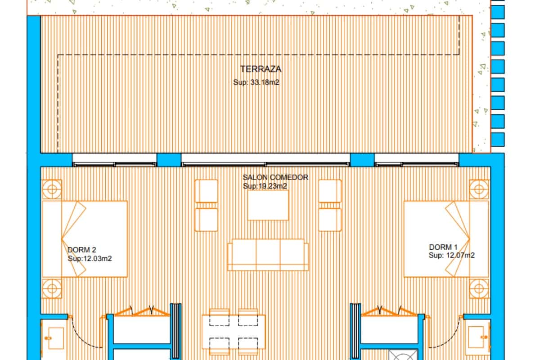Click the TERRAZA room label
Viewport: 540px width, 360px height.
(x=261, y=69)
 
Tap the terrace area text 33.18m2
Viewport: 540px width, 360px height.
(x=256, y=82)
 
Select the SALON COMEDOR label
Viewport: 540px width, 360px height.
(x=275, y=177)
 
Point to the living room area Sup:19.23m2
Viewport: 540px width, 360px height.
(x=265, y=186)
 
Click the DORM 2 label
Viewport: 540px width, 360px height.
(x=82, y=250)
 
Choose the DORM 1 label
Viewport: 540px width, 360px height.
(x=443, y=247)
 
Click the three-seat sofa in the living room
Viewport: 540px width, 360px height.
(x=268, y=255)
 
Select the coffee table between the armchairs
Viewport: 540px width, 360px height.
(x=268, y=205)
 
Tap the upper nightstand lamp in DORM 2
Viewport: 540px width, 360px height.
(x=52, y=189)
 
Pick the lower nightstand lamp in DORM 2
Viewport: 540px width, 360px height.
(x=52, y=288)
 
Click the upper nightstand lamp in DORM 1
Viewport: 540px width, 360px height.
(x=479, y=189)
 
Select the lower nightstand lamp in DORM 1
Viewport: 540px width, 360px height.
(x=479, y=288)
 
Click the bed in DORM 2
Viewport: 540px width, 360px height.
(x=85, y=238)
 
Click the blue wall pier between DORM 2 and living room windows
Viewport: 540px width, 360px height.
(x=169, y=160)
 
